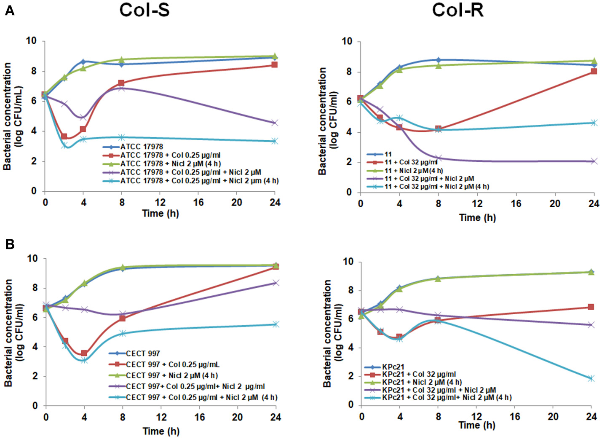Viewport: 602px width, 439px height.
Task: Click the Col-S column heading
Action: [x=144, y=10]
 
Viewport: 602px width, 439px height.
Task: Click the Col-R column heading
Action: [x=458, y=10]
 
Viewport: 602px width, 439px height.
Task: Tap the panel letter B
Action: [x=9, y=244]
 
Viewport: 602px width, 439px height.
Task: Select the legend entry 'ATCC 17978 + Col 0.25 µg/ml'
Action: [x=170, y=155]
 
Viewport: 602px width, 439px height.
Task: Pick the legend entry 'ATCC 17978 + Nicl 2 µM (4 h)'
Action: [x=170, y=163]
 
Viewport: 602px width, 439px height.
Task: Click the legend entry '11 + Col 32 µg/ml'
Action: [x=411, y=162]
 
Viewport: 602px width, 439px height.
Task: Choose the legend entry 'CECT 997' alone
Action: [x=143, y=353]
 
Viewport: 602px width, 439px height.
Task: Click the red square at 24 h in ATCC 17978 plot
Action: [x=275, y=65]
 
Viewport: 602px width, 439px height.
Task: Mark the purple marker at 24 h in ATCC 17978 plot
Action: [x=275, y=123]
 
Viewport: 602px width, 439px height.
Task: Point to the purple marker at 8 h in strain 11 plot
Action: [x=439, y=158]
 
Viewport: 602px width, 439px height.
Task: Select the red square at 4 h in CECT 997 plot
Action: [x=84, y=353]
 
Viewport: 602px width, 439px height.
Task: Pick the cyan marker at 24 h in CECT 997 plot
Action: [x=276, y=324]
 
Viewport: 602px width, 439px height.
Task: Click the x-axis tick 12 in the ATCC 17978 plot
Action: [x=160, y=203]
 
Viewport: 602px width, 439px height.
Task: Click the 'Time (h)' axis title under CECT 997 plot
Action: [x=161, y=431]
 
